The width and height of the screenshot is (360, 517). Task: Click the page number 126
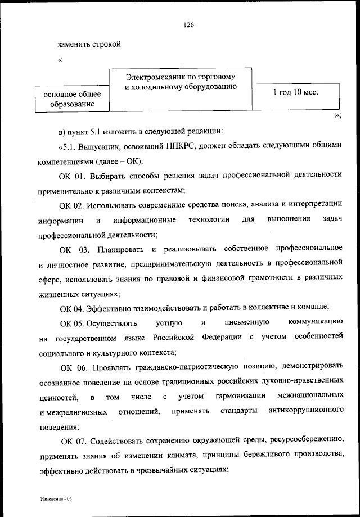pos(188,25)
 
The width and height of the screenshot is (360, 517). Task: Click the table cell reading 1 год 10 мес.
pos(295,92)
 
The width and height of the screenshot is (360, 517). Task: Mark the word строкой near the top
pos(105,43)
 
